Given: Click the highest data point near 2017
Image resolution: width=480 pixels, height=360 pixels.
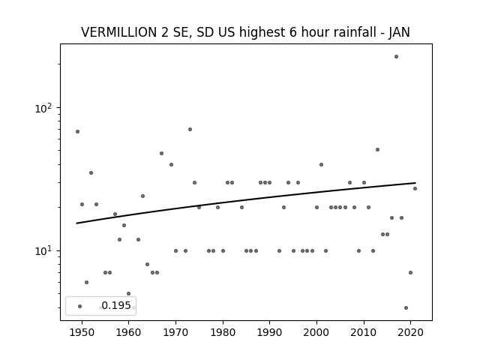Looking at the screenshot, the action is coord(396,57).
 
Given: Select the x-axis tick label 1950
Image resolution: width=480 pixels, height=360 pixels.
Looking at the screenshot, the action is coord(82,332).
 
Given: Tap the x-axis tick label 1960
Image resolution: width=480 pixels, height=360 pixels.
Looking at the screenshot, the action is coord(128,332).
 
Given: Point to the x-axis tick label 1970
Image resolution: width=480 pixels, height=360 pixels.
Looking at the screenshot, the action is coord(175,332).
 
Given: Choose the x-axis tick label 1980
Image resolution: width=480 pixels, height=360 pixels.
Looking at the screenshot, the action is coord(223,332).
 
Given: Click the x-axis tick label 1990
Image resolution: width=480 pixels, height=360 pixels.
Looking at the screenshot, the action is coord(270,332).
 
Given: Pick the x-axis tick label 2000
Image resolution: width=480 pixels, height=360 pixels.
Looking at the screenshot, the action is coord(316,332).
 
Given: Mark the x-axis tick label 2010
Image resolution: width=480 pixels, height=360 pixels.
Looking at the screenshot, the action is coord(364,332).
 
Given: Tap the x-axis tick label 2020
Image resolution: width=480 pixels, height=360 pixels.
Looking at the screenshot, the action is coord(411,332).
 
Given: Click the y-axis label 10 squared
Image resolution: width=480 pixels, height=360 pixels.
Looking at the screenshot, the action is coord(45,108).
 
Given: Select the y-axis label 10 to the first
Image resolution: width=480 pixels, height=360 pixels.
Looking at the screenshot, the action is coord(45,251).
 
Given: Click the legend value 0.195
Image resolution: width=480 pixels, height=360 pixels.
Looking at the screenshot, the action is coord(116,305).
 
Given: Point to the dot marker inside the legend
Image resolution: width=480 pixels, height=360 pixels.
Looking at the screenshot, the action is coord(80,306).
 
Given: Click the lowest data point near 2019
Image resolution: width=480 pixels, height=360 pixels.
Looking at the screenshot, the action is coord(406,307).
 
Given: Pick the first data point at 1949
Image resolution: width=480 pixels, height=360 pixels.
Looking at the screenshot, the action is coord(77,132).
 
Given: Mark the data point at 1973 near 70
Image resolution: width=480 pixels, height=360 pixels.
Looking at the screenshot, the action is coord(190,130).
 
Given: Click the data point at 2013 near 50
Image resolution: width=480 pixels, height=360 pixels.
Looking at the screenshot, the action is coord(377,150).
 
